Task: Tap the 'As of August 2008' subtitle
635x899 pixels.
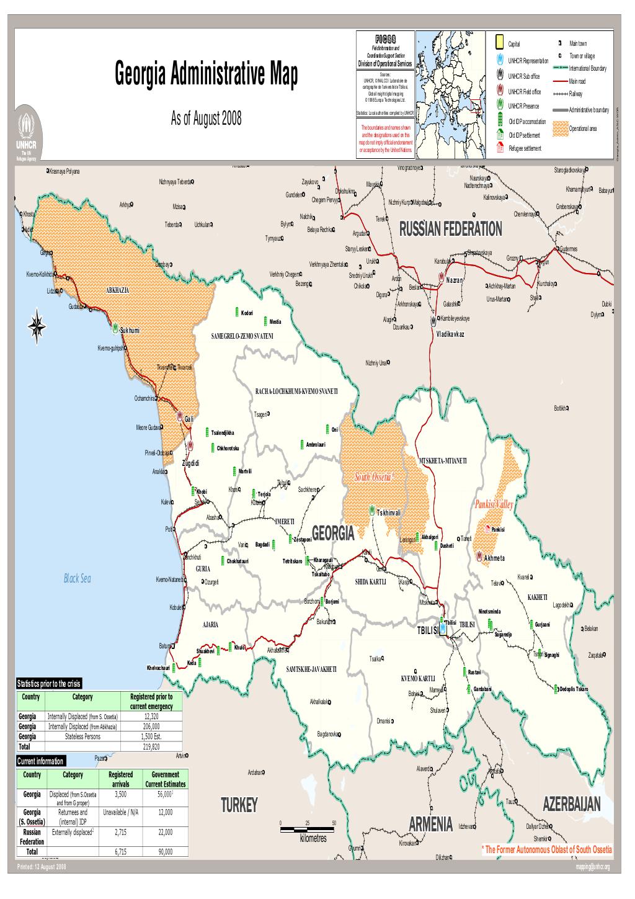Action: coord(206,119)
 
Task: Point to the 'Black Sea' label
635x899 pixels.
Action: coord(78,578)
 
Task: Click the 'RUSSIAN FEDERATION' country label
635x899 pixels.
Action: coord(450,229)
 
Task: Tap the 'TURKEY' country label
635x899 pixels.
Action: coord(239,805)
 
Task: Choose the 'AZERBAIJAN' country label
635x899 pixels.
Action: coord(571,804)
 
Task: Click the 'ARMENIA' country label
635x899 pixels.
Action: coord(431,824)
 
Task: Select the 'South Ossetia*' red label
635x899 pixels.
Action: coord(375,477)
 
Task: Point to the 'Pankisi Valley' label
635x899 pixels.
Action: coord(494,505)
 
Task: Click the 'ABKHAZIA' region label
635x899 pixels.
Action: coord(118,290)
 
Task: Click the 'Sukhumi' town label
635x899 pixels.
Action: coord(130,330)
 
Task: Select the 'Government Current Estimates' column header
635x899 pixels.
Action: coord(166,779)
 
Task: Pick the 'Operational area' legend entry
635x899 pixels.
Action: coord(582,128)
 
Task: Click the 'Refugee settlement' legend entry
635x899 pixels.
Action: coord(524,148)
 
